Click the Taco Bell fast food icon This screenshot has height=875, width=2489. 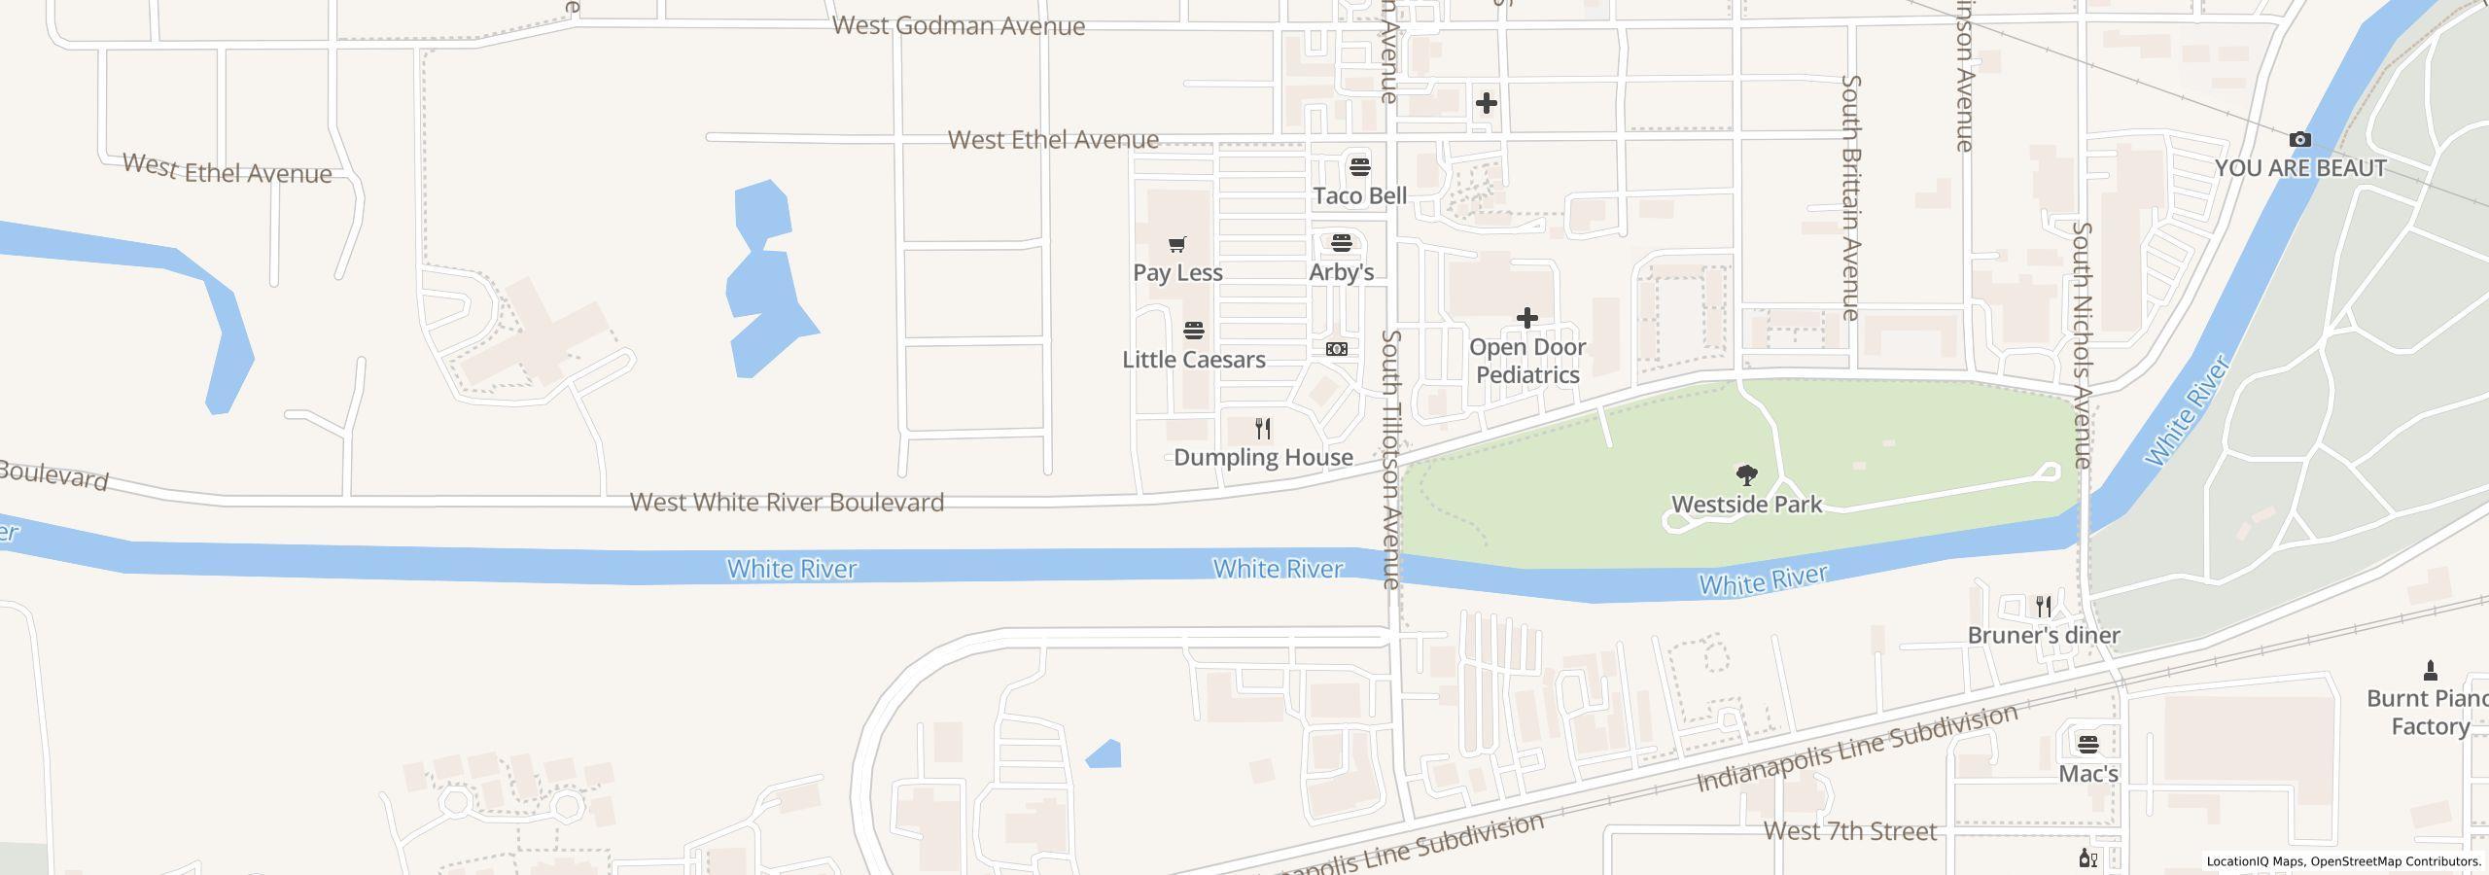point(1359,167)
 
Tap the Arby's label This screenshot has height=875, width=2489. point(1341,272)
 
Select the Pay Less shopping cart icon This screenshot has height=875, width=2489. point(1177,244)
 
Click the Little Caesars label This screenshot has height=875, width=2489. point(1193,360)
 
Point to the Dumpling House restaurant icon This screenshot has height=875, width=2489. point(1263,429)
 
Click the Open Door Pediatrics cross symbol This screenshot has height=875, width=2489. point(1526,318)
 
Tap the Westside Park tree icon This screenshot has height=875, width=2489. point(1746,475)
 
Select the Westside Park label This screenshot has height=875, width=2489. point(1746,505)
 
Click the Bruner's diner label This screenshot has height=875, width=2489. point(2044,636)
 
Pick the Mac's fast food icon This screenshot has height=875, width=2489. point(2087,746)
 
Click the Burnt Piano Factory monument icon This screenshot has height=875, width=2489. point(2430,670)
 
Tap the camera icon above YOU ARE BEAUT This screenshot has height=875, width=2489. point(2299,140)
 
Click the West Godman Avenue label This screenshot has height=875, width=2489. point(958,26)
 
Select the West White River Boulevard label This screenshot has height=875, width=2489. point(787,503)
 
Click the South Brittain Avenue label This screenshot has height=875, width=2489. point(1850,197)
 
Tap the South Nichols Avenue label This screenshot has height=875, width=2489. point(2082,345)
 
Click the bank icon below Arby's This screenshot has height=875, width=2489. point(1337,349)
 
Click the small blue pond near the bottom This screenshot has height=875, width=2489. point(1104,754)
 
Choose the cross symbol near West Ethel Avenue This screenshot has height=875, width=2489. point(1486,103)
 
